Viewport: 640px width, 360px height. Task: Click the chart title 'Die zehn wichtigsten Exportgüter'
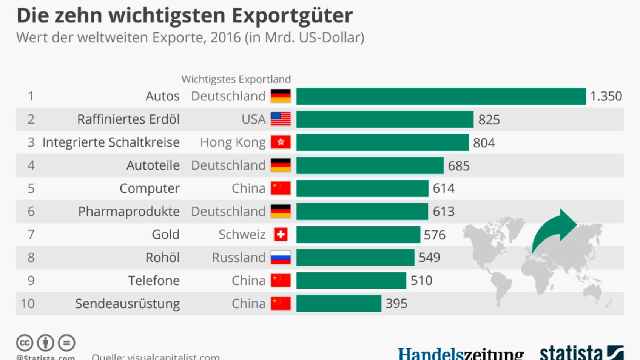(x=185, y=16)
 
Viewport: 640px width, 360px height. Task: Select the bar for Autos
(x=441, y=96)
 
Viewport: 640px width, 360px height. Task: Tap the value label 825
(x=489, y=120)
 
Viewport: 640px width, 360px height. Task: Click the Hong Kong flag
(x=281, y=142)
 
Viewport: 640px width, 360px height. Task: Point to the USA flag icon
(x=281, y=119)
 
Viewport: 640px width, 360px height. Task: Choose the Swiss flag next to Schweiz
(x=281, y=235)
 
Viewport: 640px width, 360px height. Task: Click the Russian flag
(x=281, y=258)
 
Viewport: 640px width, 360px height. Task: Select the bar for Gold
(x=358, y=235)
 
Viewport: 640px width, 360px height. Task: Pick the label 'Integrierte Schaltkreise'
(x=111, y=142)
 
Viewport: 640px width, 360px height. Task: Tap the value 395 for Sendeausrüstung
(x=396, y=304)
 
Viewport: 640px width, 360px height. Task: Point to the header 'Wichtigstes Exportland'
(x=236, y=79)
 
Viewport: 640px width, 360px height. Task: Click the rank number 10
(x=28, y=304)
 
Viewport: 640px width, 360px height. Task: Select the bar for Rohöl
(x=355, y=258)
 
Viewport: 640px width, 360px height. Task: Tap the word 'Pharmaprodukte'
(x=129, y=212)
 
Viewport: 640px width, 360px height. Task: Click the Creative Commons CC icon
(x=25, y=343)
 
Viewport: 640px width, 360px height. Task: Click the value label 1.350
(x=606, y=96)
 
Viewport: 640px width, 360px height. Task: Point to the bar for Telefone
(x=351, y=281)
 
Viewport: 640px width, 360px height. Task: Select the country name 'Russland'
(x=239, y=258)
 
